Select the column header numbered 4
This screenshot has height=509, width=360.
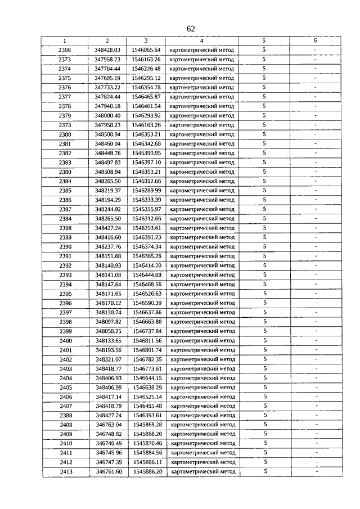point(201,40)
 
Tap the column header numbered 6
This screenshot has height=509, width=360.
point(315,40)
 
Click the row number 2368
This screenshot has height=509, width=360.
point(65,50)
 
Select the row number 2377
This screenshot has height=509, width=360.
point(65,97)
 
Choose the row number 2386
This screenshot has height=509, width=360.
point(65,200)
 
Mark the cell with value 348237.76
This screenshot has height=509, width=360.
point(108,247)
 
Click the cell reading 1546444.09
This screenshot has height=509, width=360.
point(147,275)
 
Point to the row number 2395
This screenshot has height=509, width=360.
point(65,294)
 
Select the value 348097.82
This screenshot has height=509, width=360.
point(108,322)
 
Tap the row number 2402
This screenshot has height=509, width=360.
point(65,359)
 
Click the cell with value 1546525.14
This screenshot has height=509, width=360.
point(147,397)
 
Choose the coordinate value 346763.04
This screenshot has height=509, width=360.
point(109,425)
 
